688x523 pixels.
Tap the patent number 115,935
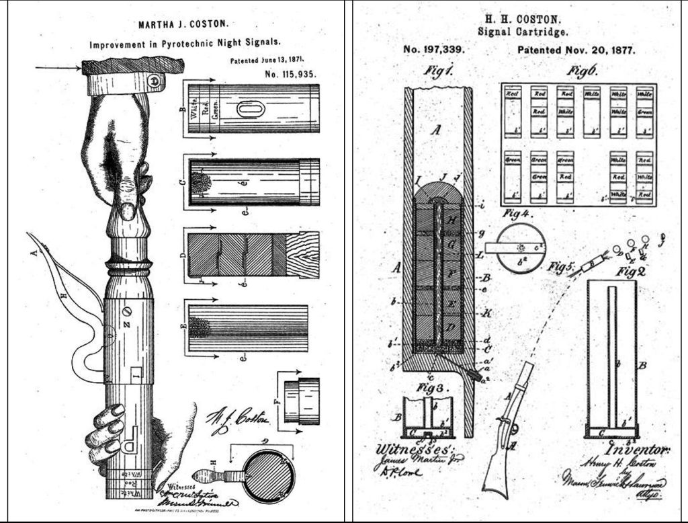[x=290, y=74]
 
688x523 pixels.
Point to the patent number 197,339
[x=434, y=50]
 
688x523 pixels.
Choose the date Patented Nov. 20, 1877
[x=576, y=50]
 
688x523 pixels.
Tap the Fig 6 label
[x=582, y=70]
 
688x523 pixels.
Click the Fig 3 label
[x=417, y=389]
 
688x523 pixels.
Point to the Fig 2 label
[x=617, y=272]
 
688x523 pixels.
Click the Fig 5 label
[x=560, y=266]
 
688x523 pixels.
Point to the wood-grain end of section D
[x=302, y=255]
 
